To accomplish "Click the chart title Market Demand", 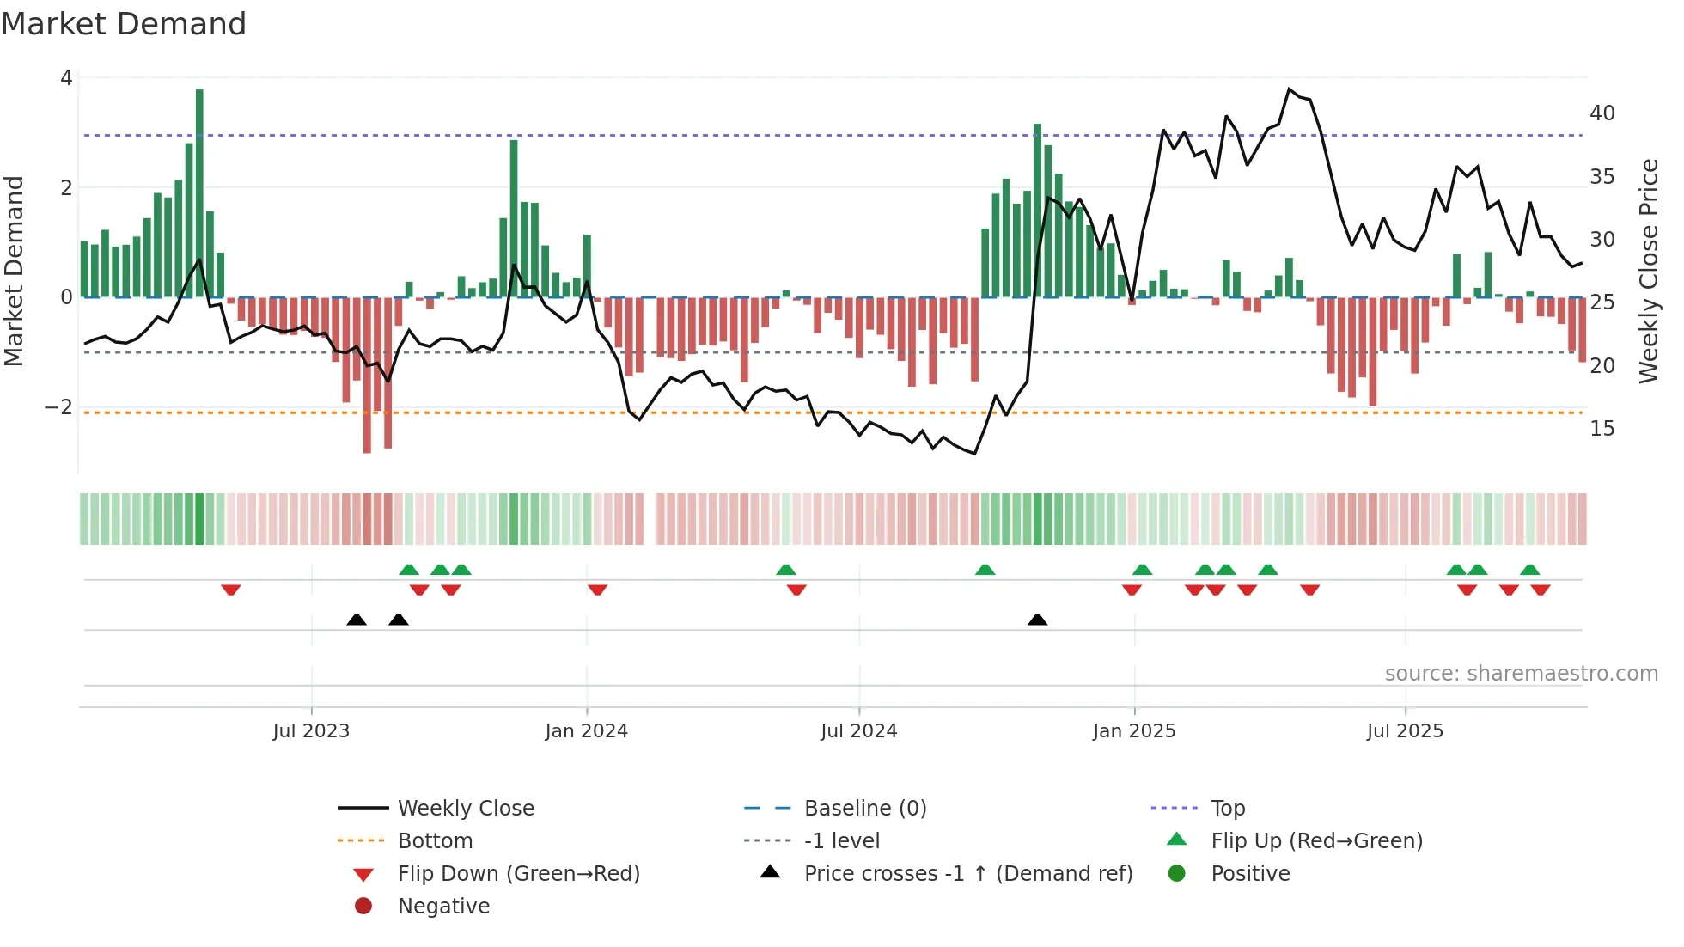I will tap(124, 24).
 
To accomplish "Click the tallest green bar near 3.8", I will tap(199, 192).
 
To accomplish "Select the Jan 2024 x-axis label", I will tap(586, 731).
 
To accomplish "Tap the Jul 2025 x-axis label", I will tap(1405, 731).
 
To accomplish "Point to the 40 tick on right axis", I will tap(1602, 113).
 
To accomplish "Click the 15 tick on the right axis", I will tap(1602, 429).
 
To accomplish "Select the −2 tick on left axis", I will tap(58, 407).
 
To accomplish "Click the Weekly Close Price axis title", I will tap(1648, 271).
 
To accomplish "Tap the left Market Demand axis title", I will tap(14, 271).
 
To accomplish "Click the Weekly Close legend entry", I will tap(465, 809).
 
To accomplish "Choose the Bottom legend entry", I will tap(435, 841).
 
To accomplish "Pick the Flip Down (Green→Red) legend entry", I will tap(518, 874).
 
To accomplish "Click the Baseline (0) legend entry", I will tap(864, 809).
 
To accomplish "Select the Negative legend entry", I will tap(443, 907).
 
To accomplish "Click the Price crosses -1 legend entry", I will tap(967, 874).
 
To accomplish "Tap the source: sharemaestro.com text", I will tap(1521, 674).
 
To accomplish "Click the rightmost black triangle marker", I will tap(1037, 620).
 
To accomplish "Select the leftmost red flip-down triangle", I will tap(230, 590).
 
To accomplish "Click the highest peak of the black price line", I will tap(1289, 89).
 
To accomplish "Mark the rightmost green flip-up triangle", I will tap(1529, 570).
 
